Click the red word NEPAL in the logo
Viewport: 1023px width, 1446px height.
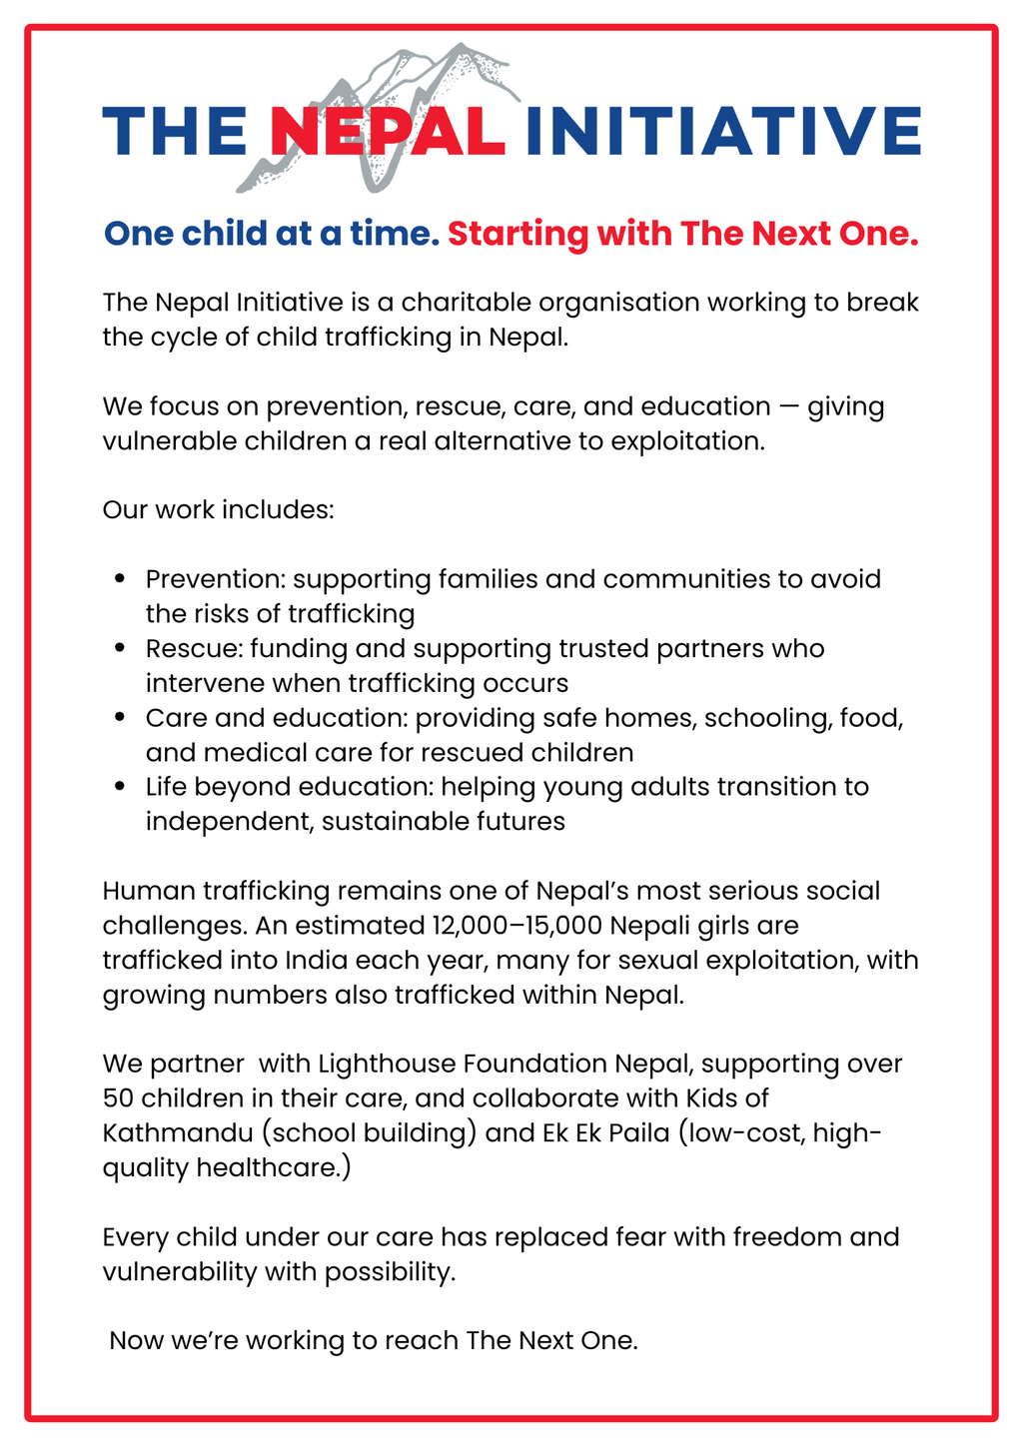point(387,131)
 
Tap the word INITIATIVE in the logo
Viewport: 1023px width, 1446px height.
point(721,131)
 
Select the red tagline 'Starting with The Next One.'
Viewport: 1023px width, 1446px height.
point(682,234)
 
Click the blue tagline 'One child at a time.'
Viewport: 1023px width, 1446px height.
point(272,234)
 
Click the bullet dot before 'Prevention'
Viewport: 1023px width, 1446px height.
point(121,579)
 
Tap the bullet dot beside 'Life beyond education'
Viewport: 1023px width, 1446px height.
point(121,787)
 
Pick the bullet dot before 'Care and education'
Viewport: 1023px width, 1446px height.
point(121,718)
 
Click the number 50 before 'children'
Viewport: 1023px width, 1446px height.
point(118,1098)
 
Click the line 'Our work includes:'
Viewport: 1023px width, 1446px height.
point(218,510)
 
